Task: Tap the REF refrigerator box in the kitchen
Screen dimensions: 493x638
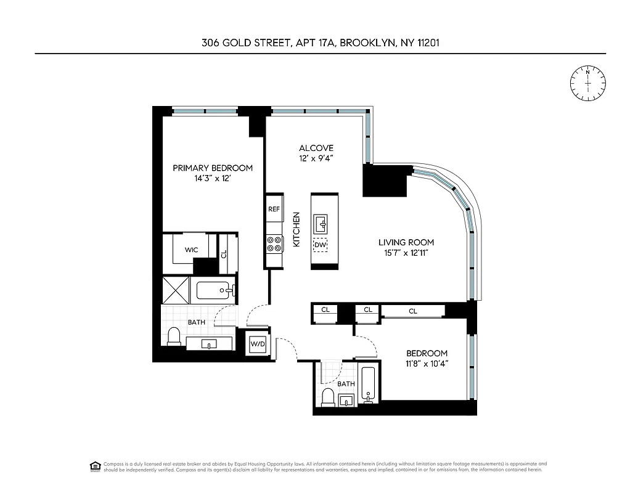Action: [274, 210]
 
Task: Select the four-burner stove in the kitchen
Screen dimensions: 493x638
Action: [274, 243]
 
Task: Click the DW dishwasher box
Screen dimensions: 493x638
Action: [320, 245]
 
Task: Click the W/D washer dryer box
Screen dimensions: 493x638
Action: [257, 344]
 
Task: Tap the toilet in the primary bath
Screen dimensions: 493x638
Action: [174, 336]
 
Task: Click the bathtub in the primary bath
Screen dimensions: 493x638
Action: [213, 290]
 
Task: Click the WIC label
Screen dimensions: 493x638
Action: [191, 250]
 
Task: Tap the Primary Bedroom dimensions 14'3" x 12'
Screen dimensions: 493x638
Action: [212, 179]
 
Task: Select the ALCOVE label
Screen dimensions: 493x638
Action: [316, 148]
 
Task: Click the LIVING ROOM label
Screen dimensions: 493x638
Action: [406, 242]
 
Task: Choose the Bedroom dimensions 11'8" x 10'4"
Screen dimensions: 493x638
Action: [426, 364]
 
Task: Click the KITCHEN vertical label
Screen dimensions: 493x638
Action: [296, 230]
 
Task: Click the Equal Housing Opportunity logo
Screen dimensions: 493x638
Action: [95, 466]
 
